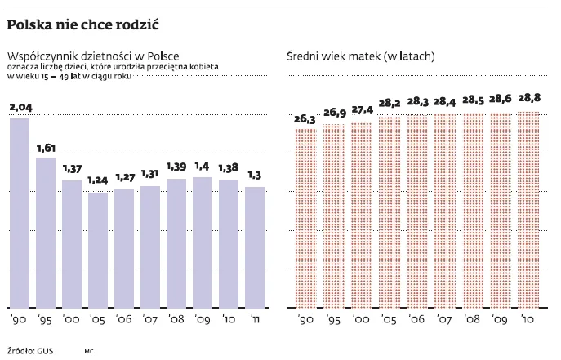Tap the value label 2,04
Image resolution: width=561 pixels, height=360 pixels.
[20, 107]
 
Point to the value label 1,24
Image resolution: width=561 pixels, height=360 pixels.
[97, 180]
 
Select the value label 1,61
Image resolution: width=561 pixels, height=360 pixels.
[45, 147]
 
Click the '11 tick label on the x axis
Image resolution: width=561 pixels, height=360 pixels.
[254, 320]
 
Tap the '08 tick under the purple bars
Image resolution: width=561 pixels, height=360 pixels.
[176, 320]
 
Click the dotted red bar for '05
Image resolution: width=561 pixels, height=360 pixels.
[390, 212]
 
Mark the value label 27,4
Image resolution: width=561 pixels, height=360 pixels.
[361, 109]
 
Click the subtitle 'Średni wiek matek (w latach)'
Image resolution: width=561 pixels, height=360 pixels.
[360, 57]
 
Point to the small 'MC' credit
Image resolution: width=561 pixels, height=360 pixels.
[89, 351]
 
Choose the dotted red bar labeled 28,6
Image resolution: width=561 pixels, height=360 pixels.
[501, 211]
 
